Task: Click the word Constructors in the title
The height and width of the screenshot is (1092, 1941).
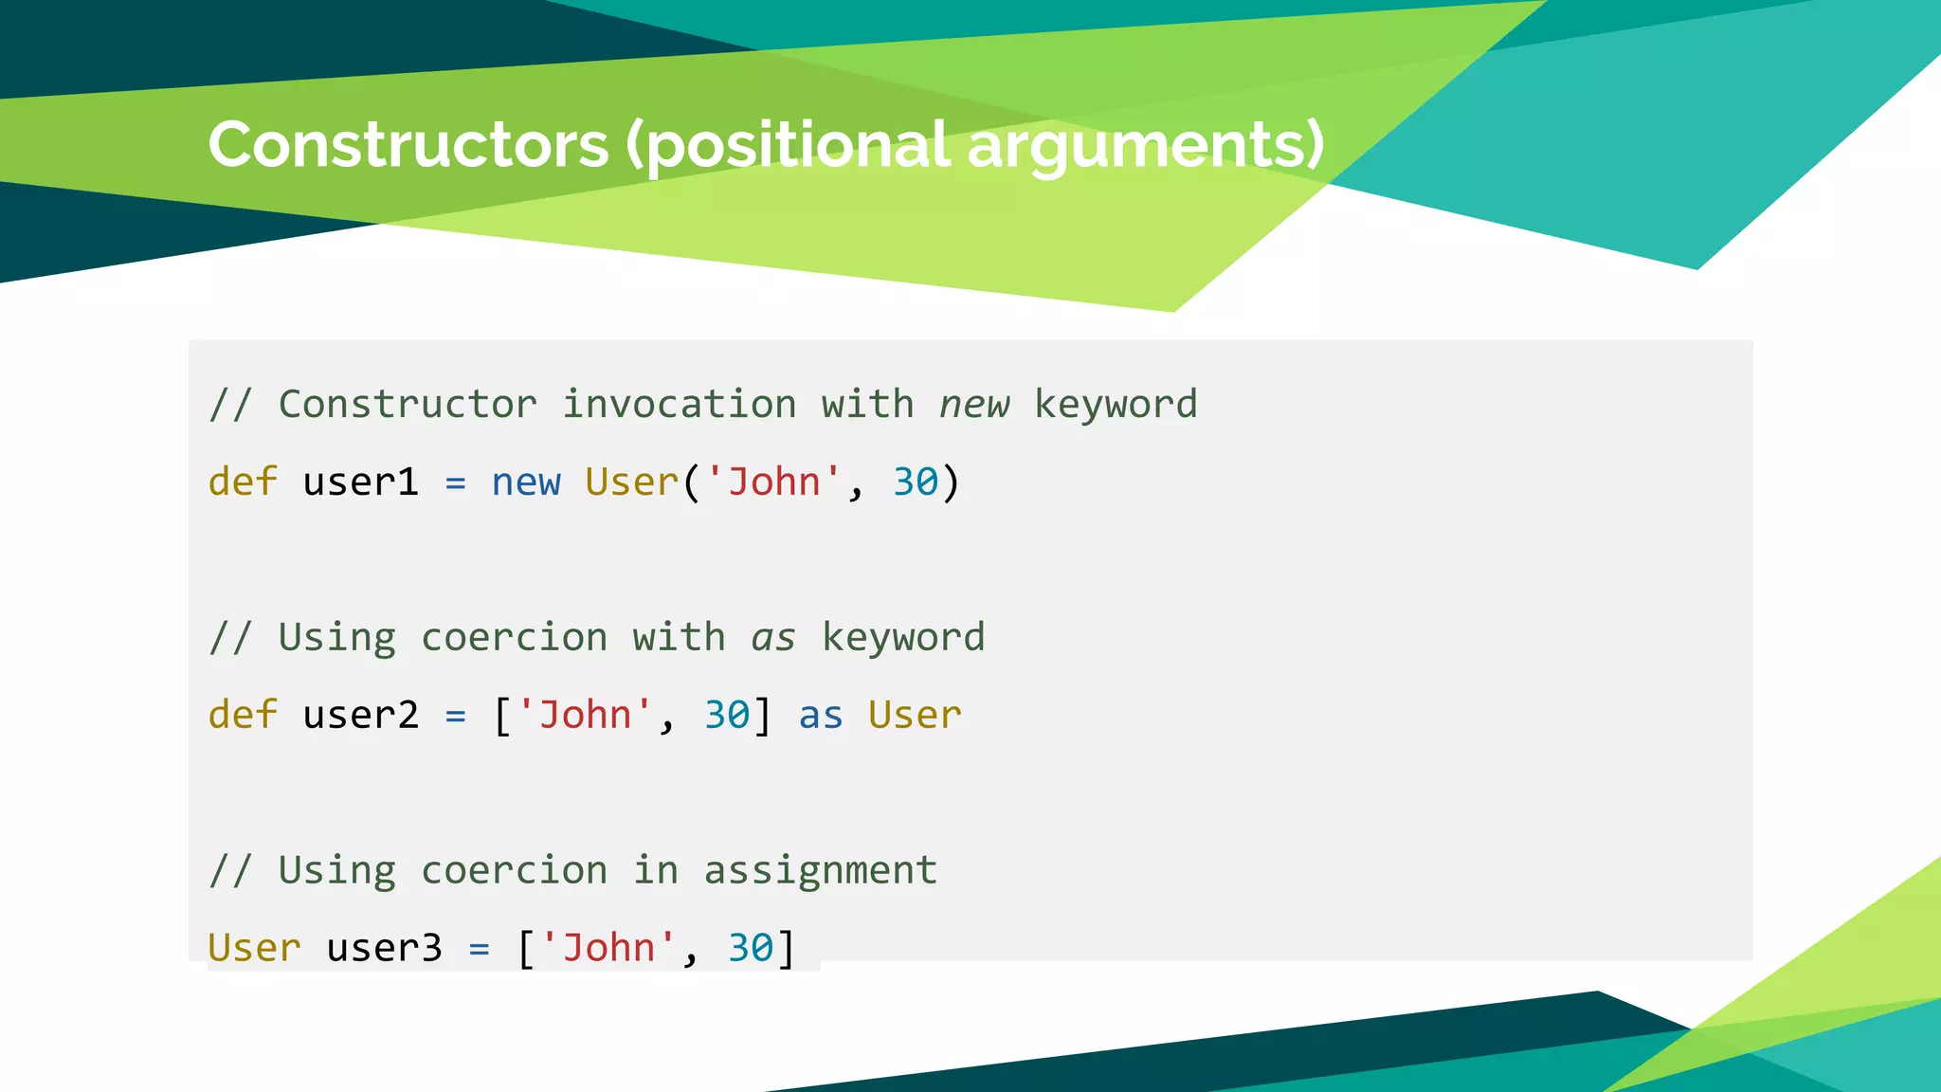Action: (408, 145)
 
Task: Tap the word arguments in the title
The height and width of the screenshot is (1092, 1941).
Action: (1144, 145)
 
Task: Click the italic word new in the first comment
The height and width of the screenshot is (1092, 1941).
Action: (974, 405)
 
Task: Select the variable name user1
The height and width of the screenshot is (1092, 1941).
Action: (360, 482)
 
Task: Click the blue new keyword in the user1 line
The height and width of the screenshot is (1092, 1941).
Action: (526, 482)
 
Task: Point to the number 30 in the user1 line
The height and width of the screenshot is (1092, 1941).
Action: (916, 482)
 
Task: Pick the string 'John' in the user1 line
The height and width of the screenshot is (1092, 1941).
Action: (772, 482)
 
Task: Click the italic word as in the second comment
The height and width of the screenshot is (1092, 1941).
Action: (773, 638)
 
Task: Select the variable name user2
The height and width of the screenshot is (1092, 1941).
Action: (360, 715)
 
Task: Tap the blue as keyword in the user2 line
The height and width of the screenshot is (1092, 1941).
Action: (820, 715)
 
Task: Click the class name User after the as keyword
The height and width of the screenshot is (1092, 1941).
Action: (915, 715)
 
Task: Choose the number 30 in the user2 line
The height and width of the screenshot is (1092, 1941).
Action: (727, 715)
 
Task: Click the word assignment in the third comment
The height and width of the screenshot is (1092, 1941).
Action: (820, 870)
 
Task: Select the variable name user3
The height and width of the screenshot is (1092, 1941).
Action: (384, 948)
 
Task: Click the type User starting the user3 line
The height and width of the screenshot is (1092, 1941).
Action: (254, 948)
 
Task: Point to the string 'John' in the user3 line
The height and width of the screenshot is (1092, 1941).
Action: (608, 948)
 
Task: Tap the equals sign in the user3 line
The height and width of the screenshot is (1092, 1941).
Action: (480, 949)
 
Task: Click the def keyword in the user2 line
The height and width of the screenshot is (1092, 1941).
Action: (243, 715)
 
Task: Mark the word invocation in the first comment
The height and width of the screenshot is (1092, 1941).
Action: (679, 405)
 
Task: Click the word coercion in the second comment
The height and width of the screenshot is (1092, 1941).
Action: (514, 638)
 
